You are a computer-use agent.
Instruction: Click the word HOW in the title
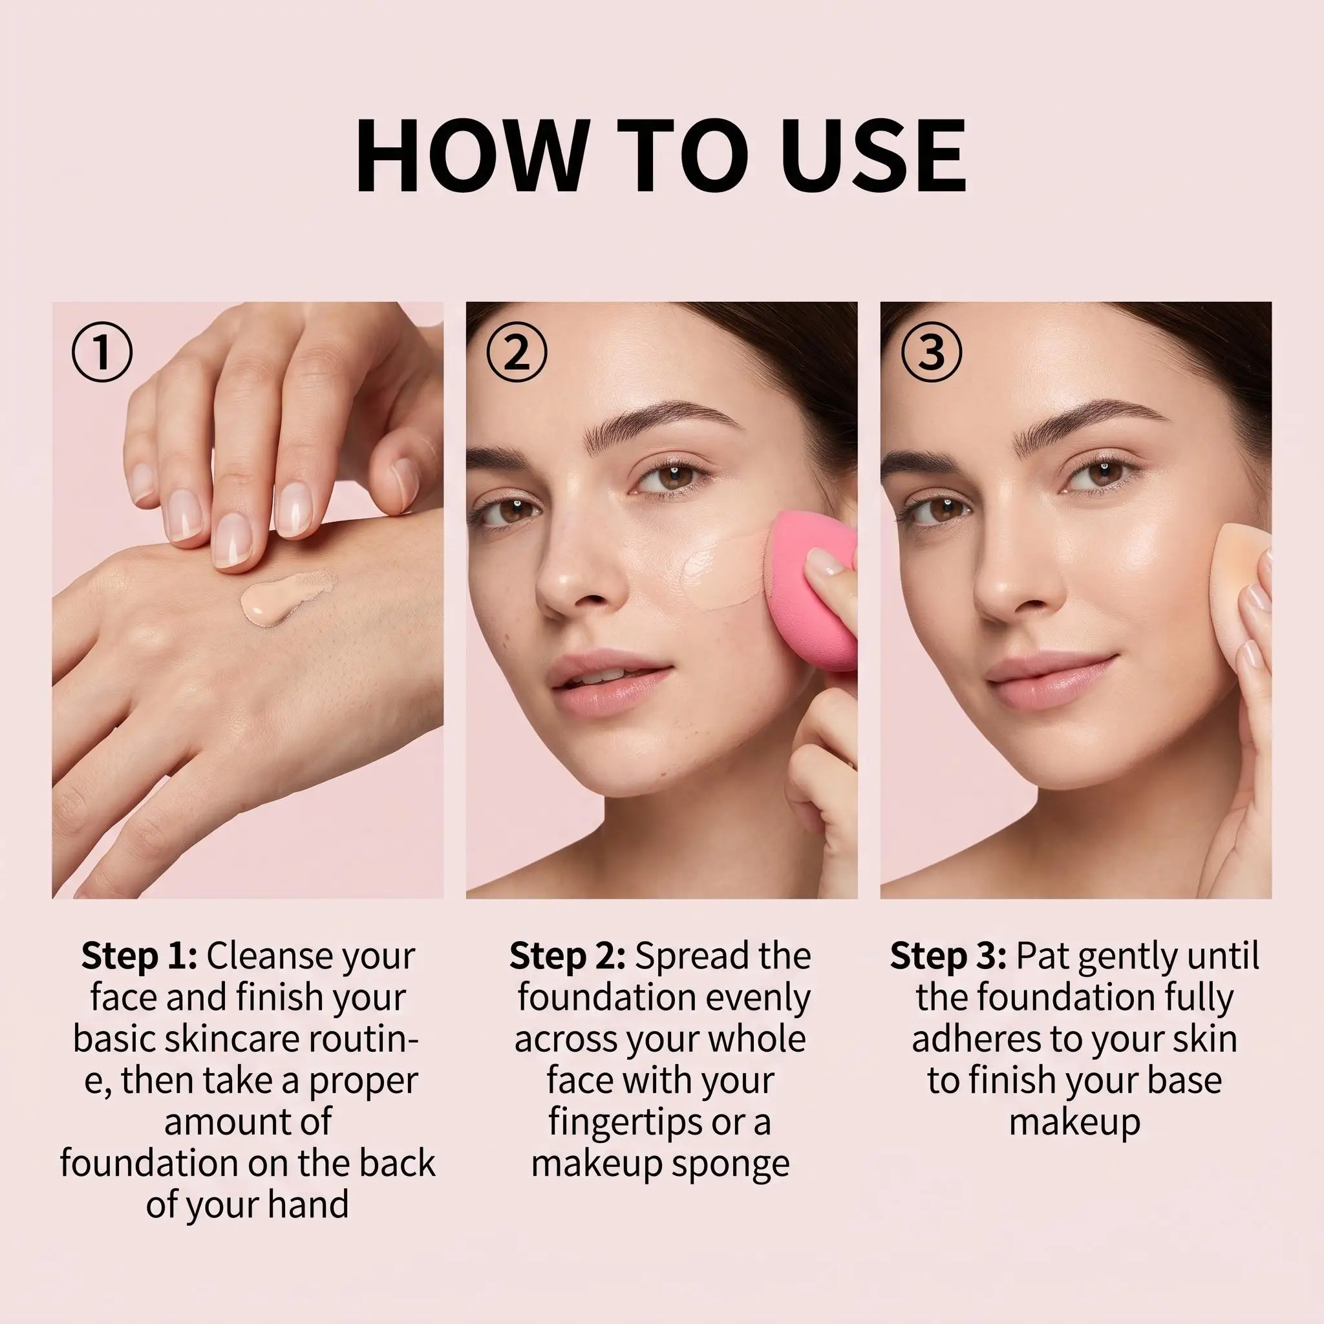(472, 157)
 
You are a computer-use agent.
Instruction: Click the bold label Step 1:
(139, 956)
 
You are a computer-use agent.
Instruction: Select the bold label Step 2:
(567, 956)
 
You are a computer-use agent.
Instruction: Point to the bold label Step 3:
(948, 956)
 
